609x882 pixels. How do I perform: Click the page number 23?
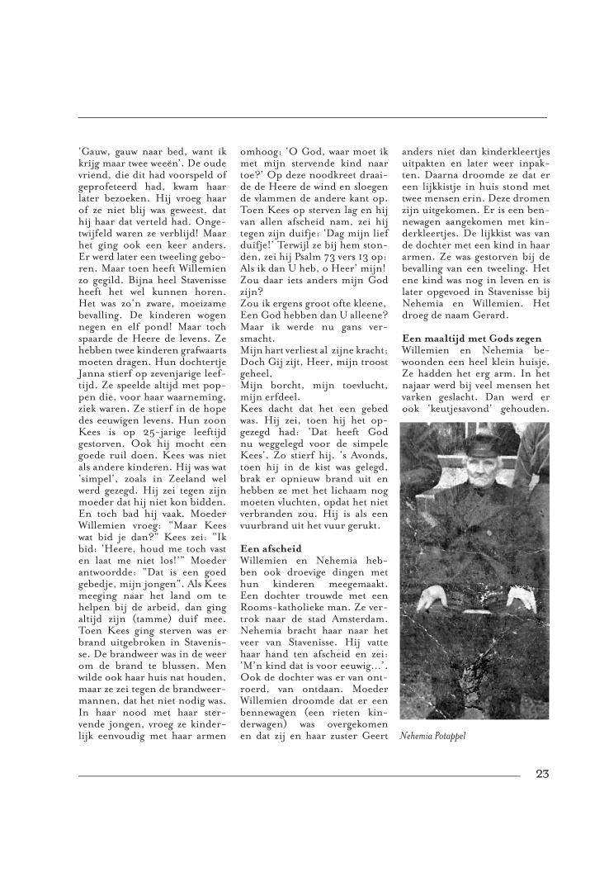541,774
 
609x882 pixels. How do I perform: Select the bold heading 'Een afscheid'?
271,548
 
